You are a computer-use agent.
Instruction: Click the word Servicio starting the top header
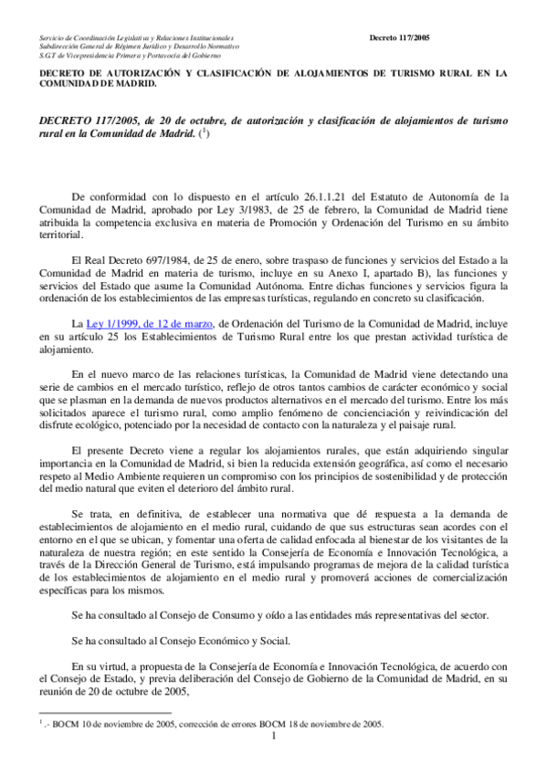point(52,37)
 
